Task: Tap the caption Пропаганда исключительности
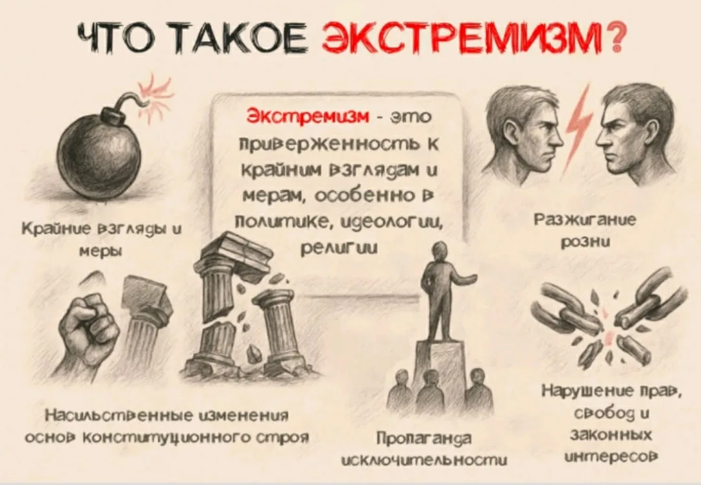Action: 424,449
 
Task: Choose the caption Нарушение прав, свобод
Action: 612,403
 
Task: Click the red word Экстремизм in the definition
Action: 308,116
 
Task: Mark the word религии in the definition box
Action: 339,248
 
